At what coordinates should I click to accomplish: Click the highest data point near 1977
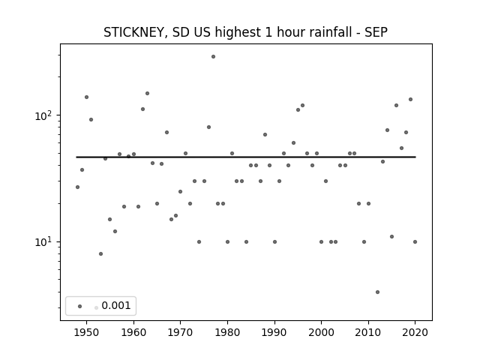click(213, 57)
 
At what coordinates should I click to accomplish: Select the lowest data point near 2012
click(377, 292)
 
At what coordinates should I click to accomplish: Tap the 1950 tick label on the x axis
click(87, 332)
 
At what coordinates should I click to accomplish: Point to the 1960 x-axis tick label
click(133, 332)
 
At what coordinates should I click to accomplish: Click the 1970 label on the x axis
click(180, 332)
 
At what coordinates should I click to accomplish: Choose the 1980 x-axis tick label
click(227, 332)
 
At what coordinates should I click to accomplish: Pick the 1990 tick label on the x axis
click(274, 332)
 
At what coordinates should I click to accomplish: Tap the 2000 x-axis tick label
click(322, 332)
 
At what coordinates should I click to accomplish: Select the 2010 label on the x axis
click(368, 332)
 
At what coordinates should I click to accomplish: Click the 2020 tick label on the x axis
click(415, 332)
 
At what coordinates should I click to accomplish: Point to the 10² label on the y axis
click(44, 116)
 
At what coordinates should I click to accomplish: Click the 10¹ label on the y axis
click(44, 242)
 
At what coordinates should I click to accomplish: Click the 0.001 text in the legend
click(116, 305)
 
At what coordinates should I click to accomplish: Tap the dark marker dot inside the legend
click(80, 306)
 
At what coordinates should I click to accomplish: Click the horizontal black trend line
click(246, 157)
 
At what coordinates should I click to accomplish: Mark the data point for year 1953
click(100, 253)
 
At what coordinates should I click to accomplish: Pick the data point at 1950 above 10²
click(87, 97)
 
